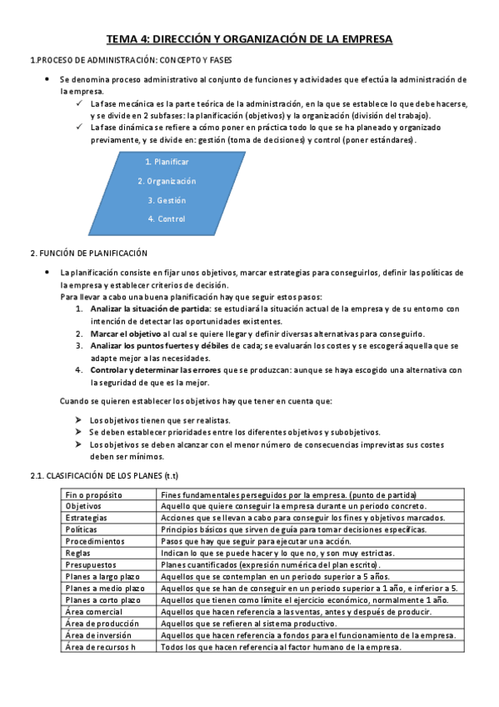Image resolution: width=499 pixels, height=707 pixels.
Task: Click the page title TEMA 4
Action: coord(249,39)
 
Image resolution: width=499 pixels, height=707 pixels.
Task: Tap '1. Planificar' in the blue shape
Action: coord(167,162)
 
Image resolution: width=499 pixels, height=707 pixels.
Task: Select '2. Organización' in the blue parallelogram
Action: coord(167,181)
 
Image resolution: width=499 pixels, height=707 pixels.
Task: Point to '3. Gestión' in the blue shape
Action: coord(167,200)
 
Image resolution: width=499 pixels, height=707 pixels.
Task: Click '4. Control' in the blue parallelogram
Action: coord(167,219)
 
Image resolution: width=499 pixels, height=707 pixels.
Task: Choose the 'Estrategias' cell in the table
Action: coord(87,518)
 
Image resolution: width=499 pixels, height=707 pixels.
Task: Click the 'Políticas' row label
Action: coord(82,529)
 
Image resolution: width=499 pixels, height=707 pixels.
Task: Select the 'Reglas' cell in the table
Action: coord(78,553)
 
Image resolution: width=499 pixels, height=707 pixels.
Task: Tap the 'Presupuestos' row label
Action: coord(91,564)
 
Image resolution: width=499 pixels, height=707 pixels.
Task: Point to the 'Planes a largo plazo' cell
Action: coord(103,576)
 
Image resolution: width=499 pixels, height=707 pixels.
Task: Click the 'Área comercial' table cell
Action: coord(94,612)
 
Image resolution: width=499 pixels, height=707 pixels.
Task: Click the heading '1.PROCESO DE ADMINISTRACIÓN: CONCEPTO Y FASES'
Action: coord(131,61)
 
